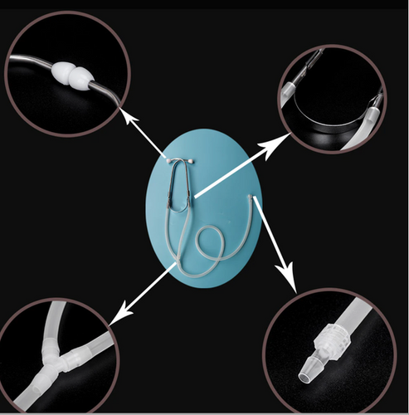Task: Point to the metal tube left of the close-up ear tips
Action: [x=29, y=66]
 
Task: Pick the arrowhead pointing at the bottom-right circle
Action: [x=292, y=286]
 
